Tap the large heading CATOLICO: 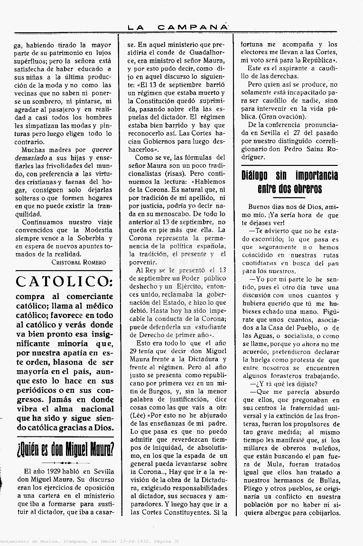(64, 282)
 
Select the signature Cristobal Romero (79, 262)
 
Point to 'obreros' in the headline (305, 189)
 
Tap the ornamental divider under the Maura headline (64, 462)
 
